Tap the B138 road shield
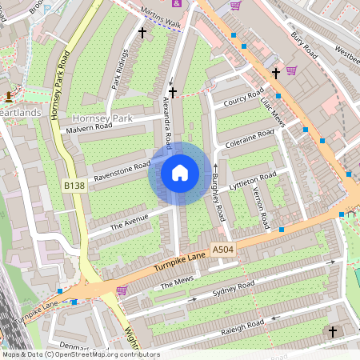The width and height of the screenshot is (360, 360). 74,186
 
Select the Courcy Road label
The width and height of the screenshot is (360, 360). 244,101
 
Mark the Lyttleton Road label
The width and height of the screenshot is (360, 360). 253,180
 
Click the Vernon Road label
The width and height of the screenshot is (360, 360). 260,206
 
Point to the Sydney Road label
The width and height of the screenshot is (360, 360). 234,288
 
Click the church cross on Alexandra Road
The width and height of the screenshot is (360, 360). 172,93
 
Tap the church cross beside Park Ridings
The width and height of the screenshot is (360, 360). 143,33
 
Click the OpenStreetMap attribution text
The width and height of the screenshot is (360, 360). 81,354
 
